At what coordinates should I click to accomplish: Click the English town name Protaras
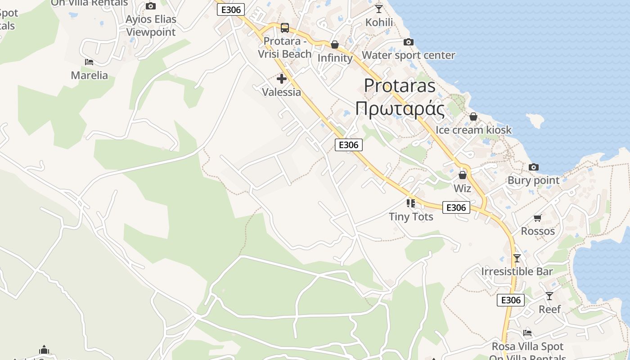(400, 85)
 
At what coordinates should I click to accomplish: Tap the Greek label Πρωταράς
(400, 108)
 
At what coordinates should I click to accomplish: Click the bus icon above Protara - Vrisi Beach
(285, 28)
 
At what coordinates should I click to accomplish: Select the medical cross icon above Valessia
(282, 79)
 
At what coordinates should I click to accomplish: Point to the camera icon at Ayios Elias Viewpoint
(151, 6)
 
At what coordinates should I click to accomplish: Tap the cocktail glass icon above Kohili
(379, 9)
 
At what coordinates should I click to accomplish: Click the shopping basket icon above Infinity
(335, 45)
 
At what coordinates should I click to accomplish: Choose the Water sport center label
(409, 55)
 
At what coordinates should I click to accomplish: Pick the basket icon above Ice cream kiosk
(473, 117)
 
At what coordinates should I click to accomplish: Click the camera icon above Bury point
(534, 167)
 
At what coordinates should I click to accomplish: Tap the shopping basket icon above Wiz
(463, 175)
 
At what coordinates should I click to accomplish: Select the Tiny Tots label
(411, 216)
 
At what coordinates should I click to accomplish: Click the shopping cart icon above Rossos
(537, 218)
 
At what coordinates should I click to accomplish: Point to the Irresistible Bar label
(517, 271)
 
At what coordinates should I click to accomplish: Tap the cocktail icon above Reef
(549, 296)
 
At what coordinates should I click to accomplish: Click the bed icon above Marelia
(89, 62)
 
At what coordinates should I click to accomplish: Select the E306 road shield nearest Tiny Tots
(456, 207)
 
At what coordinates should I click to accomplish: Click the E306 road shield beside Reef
(511, 300)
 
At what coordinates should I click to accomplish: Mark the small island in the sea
(535, 121)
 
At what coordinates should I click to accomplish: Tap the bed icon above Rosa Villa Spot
(527, 333)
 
